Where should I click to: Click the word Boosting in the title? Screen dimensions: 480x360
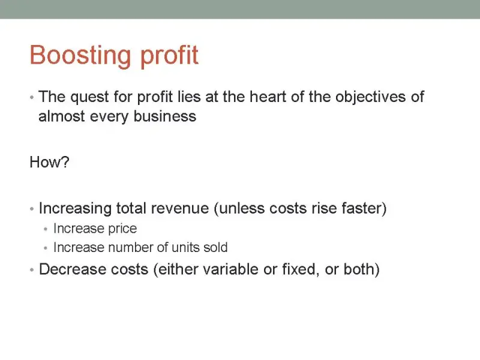80,55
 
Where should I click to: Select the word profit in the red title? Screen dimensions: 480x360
169,56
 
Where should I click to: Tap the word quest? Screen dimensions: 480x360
89,97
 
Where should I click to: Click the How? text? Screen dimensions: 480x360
49,162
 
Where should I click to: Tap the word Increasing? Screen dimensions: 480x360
75,209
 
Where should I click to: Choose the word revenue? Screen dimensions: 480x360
180,208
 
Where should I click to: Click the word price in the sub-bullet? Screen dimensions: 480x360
122,229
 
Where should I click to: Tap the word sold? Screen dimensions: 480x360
215,247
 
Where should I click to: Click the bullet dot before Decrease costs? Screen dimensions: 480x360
32,270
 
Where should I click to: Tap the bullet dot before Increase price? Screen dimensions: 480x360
46,229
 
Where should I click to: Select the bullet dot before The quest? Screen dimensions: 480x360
32,98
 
